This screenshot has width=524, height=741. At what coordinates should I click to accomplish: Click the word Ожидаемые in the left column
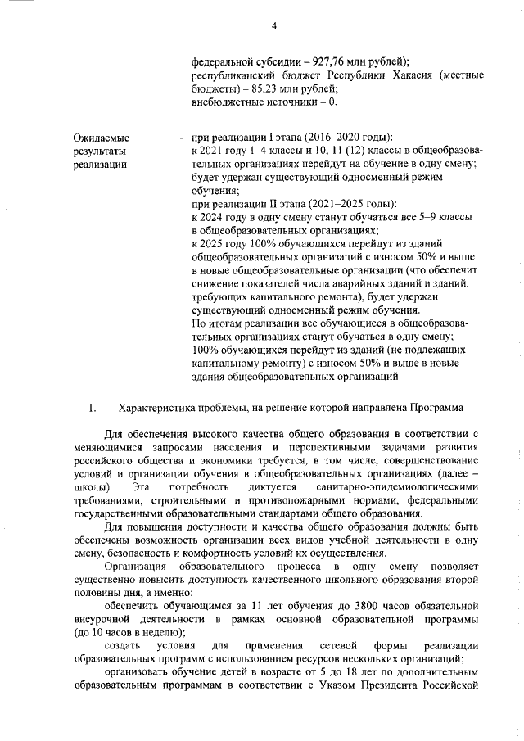point(102,138)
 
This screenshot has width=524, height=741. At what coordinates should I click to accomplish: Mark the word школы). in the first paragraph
point(88,487)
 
